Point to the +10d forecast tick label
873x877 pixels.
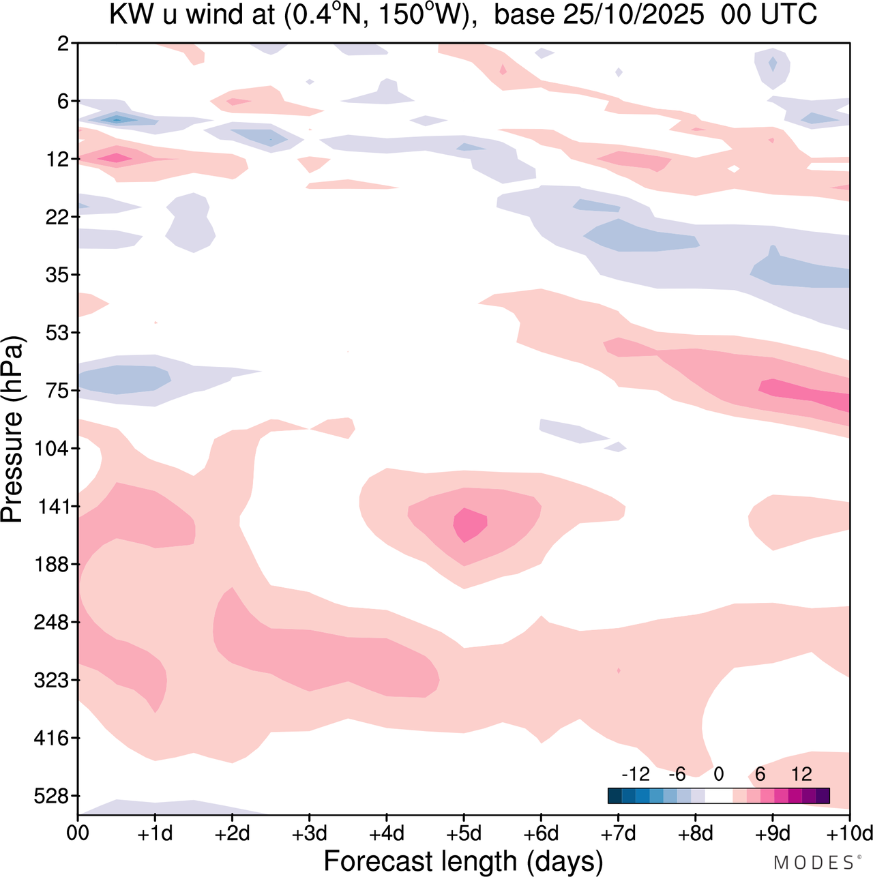coord(852,833)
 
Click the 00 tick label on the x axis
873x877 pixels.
coord(78,833)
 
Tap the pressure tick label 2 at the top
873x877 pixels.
coord(64,44)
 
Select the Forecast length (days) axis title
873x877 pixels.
coord(463,861)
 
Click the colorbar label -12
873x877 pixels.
coord(635,774)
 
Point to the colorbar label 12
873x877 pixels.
coord(801,774)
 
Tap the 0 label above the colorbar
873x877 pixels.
coord(718,774)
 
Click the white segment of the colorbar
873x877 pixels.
coord(718,796)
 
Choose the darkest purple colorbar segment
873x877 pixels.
coord(823,796)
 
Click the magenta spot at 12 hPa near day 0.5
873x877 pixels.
coord(116,158)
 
